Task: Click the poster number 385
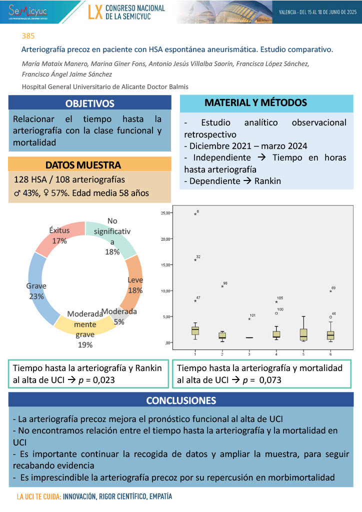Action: pos(28,36)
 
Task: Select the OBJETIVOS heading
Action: pos(90,103)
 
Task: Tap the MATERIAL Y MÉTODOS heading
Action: pos(255,103)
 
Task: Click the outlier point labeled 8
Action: pos(195,214)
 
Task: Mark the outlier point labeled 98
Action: pos(222,286)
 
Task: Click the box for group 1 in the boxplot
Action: pos(195,330)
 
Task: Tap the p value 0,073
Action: pos(269,379)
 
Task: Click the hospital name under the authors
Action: pos(105,86)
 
